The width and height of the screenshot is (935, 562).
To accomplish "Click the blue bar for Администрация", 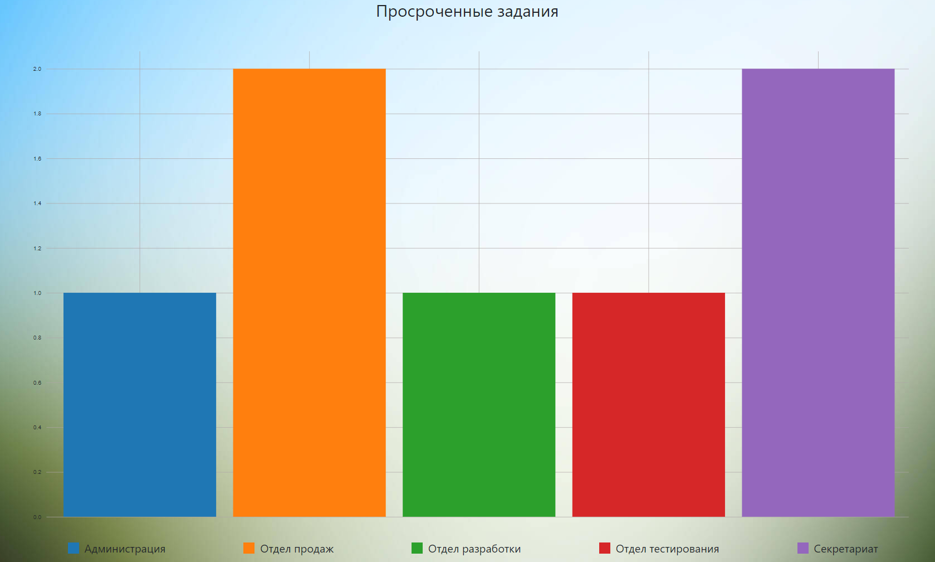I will point(140,405).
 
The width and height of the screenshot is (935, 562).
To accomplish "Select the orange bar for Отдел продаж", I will point(309,293).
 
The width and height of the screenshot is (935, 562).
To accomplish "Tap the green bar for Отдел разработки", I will point(479,405).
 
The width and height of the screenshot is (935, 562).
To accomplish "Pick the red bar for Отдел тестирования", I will point(648,405).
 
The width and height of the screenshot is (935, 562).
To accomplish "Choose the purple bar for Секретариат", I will point(818,293).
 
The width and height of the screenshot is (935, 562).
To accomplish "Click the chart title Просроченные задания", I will point(467,12).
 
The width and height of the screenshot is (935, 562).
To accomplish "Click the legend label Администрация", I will point(125,549).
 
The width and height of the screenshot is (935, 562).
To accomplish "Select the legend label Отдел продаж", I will point(297,549).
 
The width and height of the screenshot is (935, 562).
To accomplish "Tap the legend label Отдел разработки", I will point(474,549).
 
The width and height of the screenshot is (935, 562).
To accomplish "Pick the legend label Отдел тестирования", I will point(667,549).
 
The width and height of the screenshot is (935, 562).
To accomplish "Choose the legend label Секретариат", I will point(845,549).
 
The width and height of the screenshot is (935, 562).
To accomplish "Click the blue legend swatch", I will point(73,548).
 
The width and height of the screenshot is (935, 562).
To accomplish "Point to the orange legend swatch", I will point(249,548).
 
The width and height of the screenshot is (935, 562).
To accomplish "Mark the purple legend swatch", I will point(803,548).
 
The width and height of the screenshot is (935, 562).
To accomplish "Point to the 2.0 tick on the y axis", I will point(37,69).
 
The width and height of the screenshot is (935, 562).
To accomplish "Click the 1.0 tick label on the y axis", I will point(37,293).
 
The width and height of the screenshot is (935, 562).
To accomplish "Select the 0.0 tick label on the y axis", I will point(37,517).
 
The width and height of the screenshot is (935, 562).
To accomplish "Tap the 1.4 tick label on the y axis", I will point(37,204).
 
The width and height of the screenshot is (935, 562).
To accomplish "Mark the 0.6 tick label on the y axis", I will point(37,383).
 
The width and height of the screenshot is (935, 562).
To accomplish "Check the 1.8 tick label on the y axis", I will point(37,114).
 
